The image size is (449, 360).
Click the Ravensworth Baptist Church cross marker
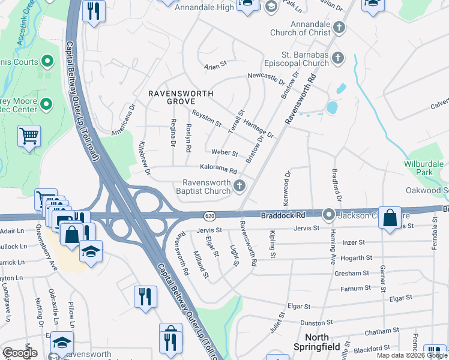point(240,186)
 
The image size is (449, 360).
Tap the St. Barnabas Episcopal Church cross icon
point(339,58)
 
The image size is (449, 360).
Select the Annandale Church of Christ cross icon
point(339,27)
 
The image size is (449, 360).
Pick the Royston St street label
point(206,116)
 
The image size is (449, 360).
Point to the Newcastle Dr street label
point(267,77)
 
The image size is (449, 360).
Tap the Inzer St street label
point(353,242)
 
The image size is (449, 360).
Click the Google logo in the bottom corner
point(20,353)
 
